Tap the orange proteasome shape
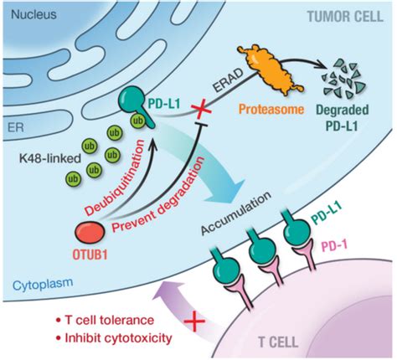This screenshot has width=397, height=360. point(271,69)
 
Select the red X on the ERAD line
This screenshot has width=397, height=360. point(200,110)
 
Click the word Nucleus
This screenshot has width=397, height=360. point(34,14)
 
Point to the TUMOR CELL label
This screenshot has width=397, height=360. point(345,17)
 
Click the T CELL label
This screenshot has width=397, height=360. point(278,342)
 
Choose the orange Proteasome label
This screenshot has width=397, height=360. point(271,109)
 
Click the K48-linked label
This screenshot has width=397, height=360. point(50,159)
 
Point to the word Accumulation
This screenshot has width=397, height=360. point(236,213)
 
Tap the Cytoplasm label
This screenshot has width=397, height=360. point(43,285)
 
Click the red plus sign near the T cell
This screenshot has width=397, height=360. point(194,321)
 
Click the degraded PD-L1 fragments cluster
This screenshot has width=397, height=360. point(343,79)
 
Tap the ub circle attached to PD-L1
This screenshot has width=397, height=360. point(137,121)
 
